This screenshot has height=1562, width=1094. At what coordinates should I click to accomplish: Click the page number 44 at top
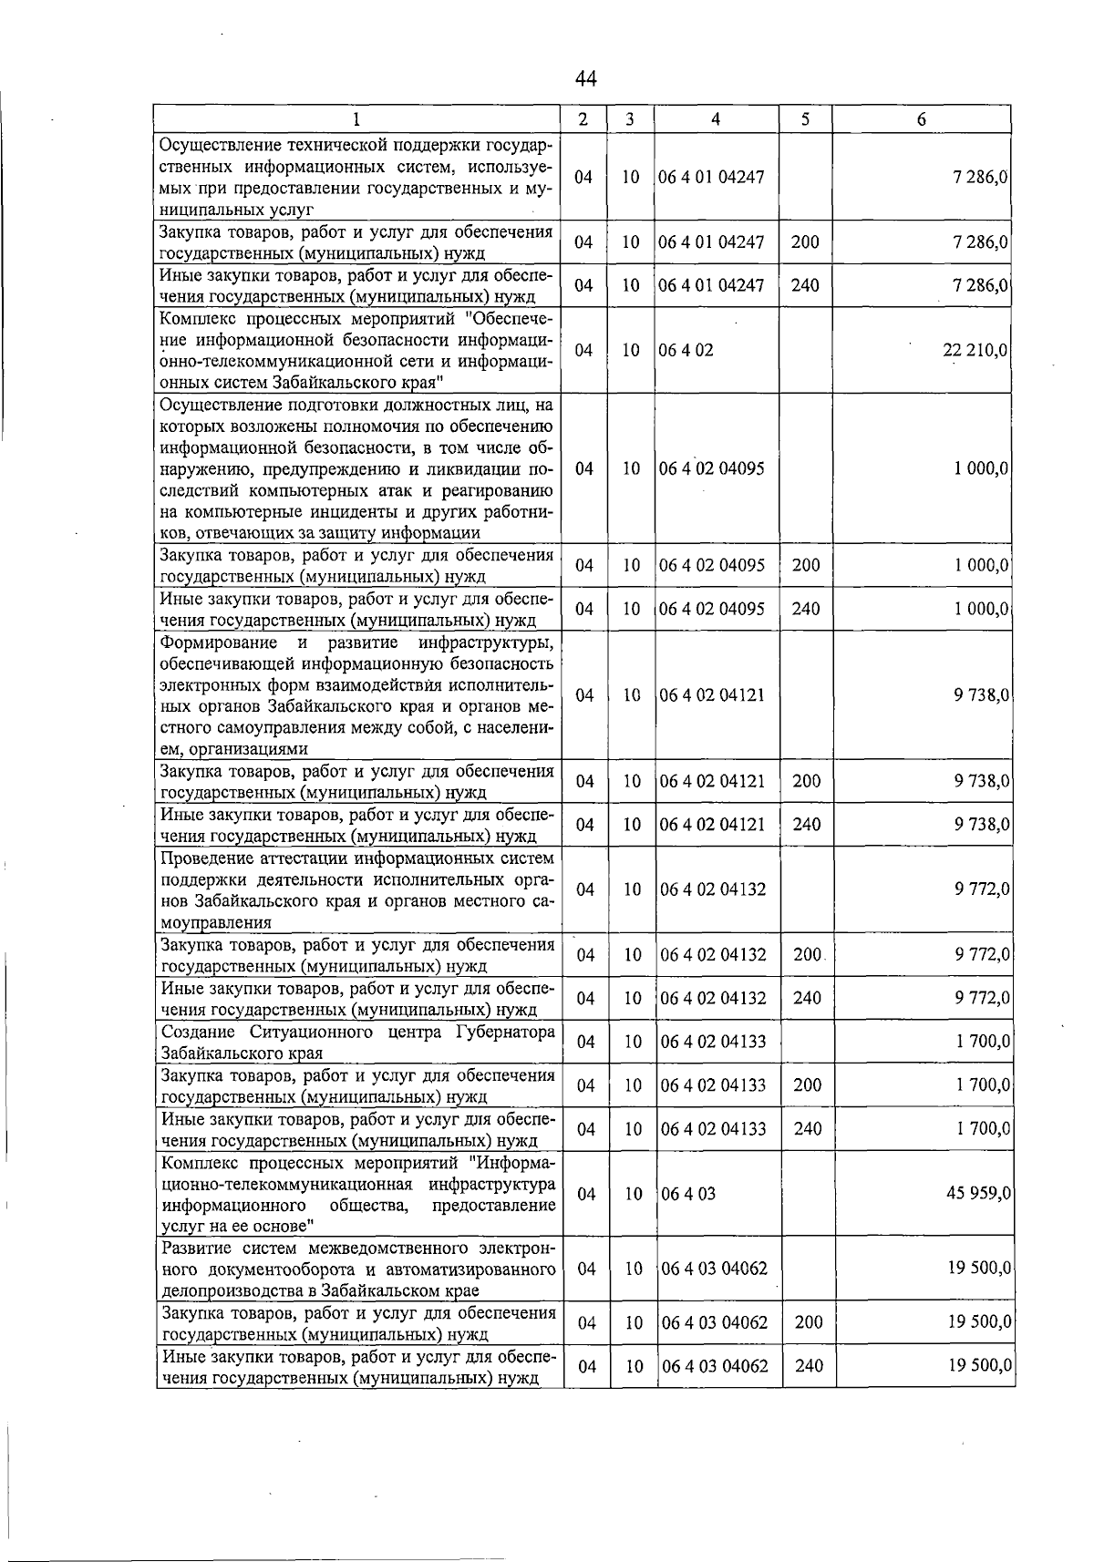(x=585, y=80)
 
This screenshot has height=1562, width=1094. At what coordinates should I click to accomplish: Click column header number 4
(x=717, y=119)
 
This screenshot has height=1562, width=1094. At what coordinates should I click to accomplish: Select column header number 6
(x=922, y=119)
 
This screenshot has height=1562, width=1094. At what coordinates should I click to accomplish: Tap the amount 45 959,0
(x=975, y=1193)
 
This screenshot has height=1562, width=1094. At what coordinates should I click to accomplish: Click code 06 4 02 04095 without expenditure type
(x=712, y=468)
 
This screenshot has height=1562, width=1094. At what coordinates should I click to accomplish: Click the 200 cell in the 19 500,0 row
(x=809, y=1322)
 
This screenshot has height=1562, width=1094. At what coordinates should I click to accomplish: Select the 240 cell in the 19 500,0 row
(x=809, y=1366)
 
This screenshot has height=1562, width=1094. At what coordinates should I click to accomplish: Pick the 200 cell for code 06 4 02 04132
(x=808, y=954)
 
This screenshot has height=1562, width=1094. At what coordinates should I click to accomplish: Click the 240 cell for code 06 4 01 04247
(x=805, y=285)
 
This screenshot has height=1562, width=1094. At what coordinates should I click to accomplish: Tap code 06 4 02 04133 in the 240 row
(x=713, y=1128)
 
